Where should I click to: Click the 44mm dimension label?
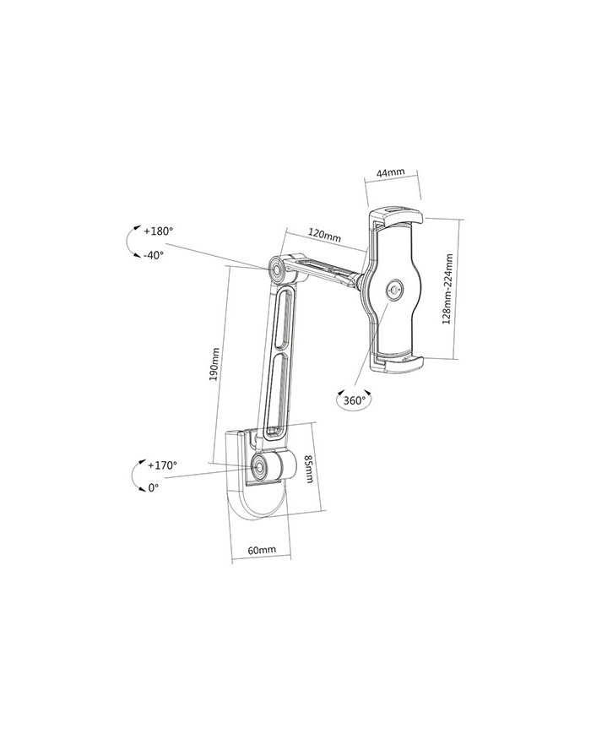pos(390,173)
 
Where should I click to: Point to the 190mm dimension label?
pos(214,364)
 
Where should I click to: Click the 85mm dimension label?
pos(309,470)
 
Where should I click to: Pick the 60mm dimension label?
pos(262,550)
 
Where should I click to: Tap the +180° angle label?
pos(159,231)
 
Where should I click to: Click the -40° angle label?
pos(154,255)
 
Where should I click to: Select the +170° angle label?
pos(162,465)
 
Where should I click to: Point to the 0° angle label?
pos(154,487)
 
